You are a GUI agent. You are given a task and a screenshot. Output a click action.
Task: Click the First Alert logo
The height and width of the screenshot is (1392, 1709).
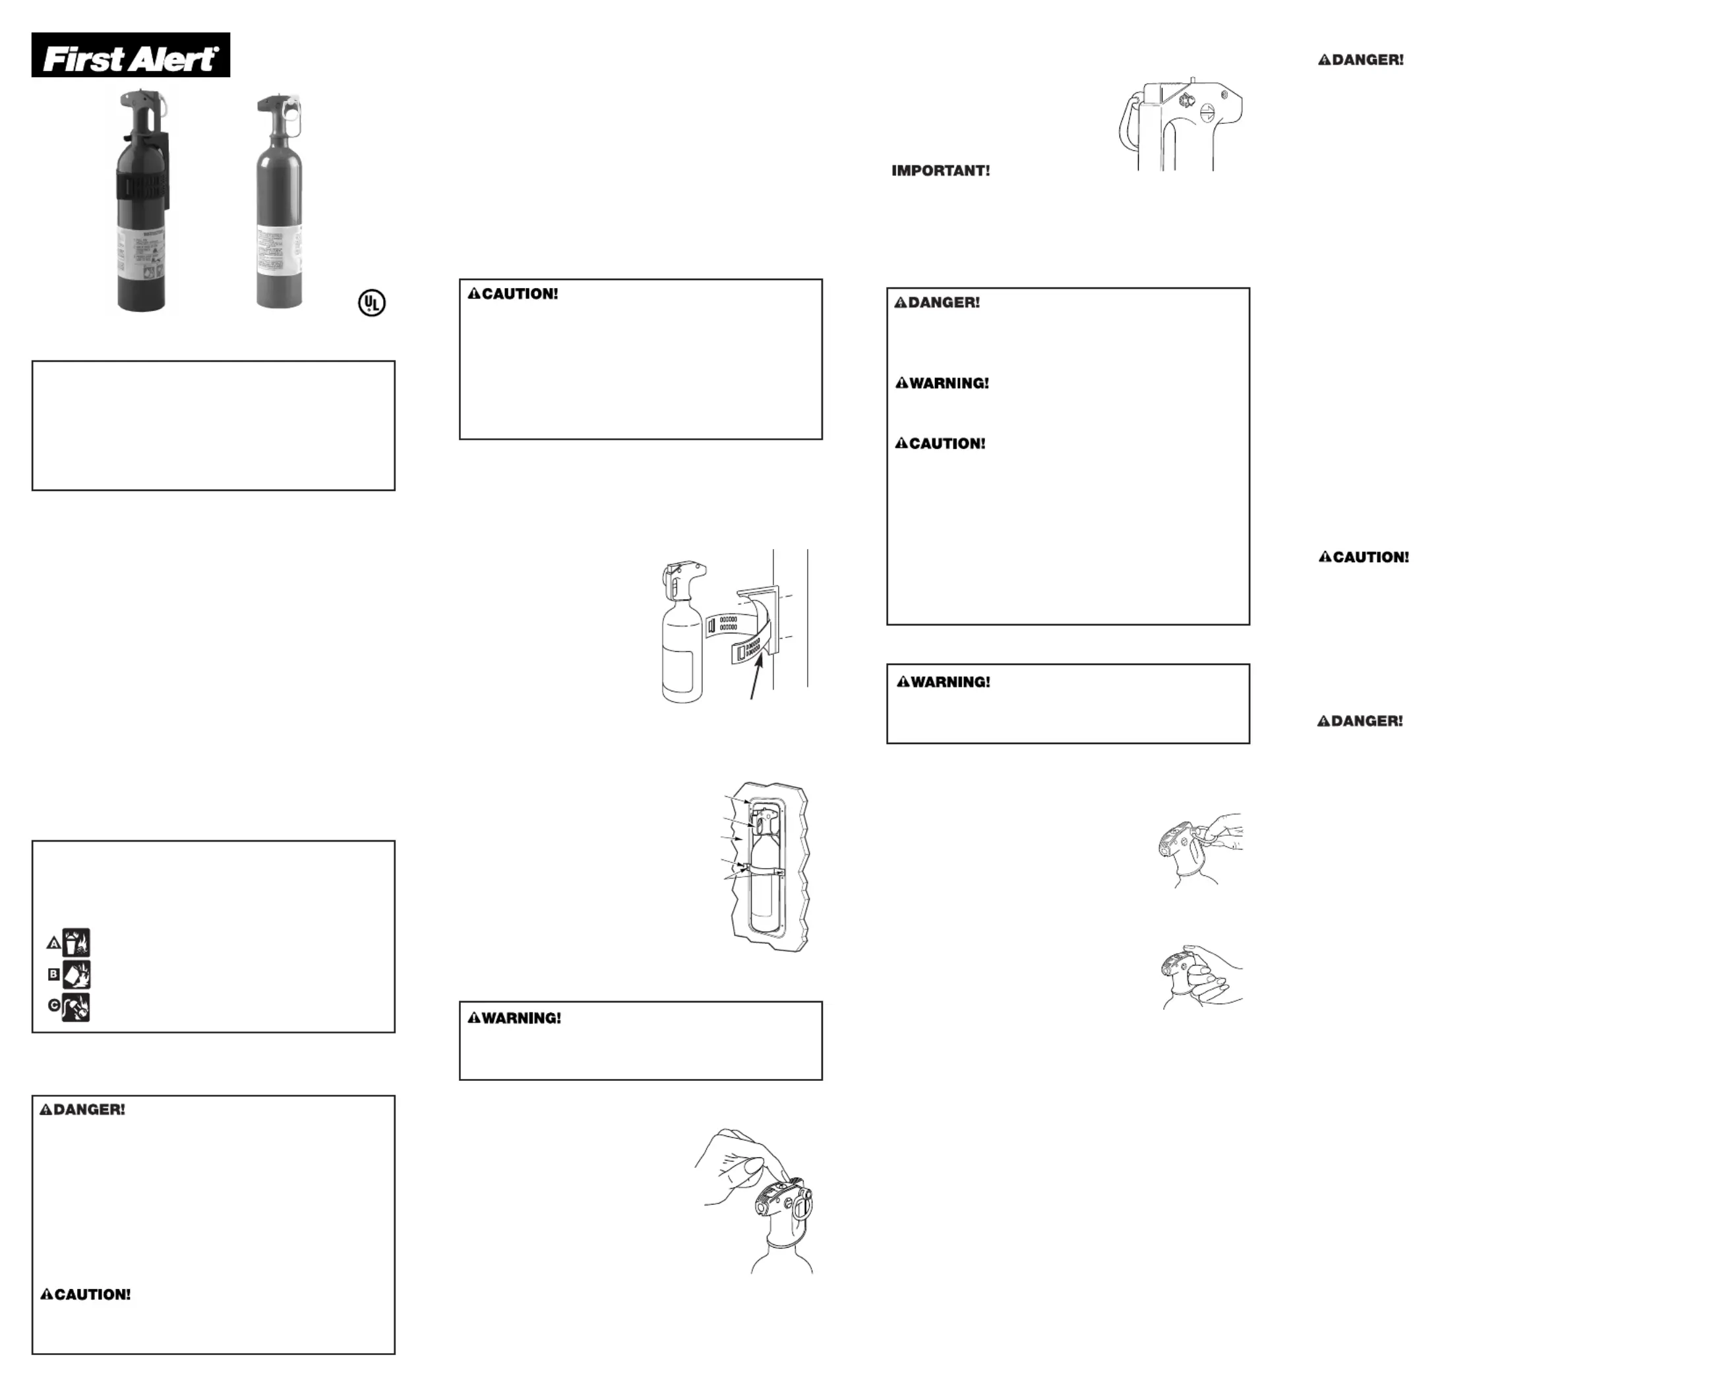tap(131, 55)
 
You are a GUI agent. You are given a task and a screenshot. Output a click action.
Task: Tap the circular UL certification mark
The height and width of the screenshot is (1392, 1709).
tap(371, 303)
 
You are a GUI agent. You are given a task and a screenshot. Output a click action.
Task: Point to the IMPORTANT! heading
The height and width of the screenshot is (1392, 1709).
tap(941, 171)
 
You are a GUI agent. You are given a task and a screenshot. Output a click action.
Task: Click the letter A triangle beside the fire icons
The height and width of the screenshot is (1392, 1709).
tap(53, 943)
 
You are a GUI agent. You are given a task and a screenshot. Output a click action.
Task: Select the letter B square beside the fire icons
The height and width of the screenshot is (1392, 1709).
tap(53, 974)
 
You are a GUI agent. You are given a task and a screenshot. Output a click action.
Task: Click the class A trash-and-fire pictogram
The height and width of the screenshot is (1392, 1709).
tap(77, 942)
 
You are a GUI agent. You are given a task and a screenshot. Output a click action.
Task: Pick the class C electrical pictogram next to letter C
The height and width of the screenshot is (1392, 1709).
tap(77, 1007)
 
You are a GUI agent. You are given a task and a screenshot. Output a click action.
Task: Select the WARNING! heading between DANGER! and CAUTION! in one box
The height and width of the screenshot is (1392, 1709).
tap(942, 384)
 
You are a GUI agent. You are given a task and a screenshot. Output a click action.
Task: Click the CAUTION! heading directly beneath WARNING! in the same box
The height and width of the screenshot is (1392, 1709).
tap(941, 444)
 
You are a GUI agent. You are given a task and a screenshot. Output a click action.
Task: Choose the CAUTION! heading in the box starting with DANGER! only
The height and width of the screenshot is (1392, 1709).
tap(86, 1295)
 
